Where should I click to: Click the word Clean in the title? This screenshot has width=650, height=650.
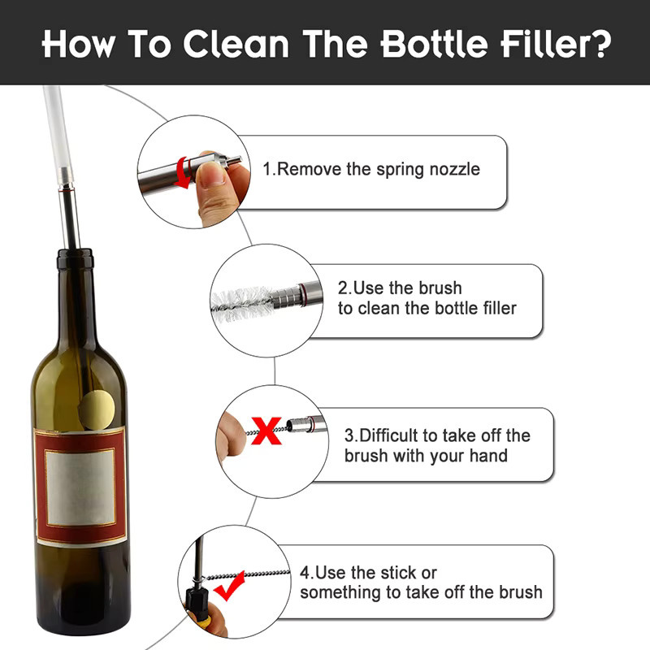tap(236, 44)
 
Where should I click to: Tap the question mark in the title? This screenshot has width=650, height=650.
tap(600, 43)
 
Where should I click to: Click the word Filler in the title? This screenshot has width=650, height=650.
tap(542, 43)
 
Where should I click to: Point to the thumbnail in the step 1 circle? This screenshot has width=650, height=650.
tap(211, 174)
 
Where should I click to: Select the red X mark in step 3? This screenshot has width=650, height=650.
tap(266, 431)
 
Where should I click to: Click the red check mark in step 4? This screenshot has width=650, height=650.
tap(230, 586)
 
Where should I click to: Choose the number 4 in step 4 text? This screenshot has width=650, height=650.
tap(305, 573)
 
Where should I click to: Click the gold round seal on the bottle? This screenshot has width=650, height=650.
tap(97, 410)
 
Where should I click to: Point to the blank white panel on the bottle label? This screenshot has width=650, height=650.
tap(80, 487)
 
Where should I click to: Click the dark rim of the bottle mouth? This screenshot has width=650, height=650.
tap(75, 258)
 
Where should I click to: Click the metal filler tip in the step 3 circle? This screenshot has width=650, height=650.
tap(306, 425)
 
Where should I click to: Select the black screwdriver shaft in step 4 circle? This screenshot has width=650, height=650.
tap(199, 560)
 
